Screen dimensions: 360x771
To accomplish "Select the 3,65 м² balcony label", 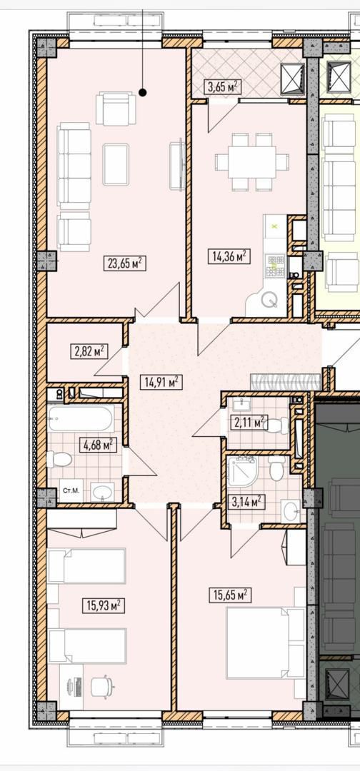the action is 222,88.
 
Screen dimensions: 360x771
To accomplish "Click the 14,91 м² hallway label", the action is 161,382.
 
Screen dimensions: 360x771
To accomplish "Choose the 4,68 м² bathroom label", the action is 97,445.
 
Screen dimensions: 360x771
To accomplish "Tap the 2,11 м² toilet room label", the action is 249,422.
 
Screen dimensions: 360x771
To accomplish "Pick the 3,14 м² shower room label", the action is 247,502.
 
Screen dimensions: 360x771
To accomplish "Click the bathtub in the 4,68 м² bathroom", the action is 81,418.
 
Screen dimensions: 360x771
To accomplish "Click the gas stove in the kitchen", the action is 275,266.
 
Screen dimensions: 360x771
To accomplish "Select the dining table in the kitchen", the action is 252,161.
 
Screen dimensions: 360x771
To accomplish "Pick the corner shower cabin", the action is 242,470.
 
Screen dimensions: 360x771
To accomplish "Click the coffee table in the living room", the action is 116,164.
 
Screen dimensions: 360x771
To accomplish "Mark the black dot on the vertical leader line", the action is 142,92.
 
